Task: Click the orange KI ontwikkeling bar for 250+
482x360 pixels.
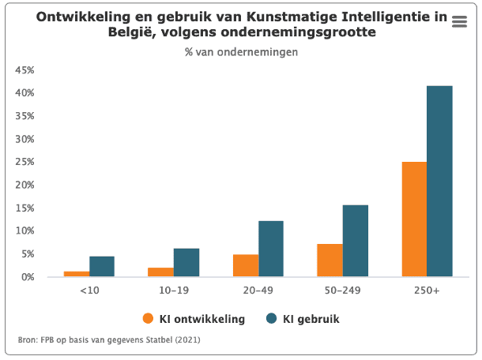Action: tap(414, 219)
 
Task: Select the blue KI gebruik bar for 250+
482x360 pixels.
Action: tap(439, 182)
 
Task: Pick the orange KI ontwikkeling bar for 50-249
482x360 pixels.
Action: tap(329, 261)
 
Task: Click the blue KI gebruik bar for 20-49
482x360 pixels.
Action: tap(270, 249)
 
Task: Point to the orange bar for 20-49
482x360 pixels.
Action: tap(245, 265)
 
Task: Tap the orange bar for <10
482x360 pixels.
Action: tap(77, 274)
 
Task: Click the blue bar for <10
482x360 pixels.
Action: tap(102, 267)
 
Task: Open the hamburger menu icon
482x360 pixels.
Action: tap(459, 22)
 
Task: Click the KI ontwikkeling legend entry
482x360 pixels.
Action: tap(194, 319)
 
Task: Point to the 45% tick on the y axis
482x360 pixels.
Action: tap(24, 70)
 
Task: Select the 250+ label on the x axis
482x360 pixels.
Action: tap(427, 291)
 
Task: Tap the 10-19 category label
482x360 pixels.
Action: tap(173, 291)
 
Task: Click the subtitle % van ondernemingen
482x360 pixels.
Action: tap(241, 52)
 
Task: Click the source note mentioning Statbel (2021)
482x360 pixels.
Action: tap(109, 340)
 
